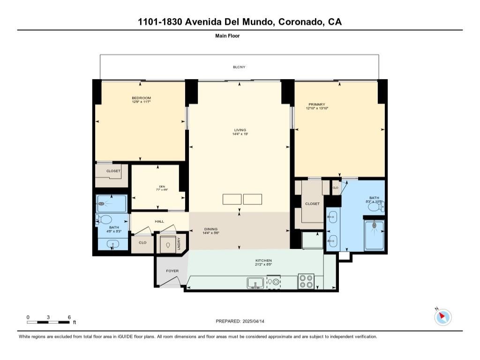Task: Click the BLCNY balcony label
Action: pos(239,67)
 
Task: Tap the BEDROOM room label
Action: pos(141,97)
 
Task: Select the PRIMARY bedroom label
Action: pos(316,105)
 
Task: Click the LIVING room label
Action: pos(240,130)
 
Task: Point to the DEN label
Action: pos(162,187)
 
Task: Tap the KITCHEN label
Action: pos(263,261)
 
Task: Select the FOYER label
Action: pos(172,271)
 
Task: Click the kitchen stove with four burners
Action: pos(306,281)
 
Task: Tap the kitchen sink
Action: pos(255,283)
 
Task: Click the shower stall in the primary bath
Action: pos(375,233)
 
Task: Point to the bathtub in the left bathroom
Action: pos(111,203)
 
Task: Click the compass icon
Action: pos(442,317)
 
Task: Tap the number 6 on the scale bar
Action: pos(69,317)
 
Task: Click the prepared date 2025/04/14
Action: pos(257,321)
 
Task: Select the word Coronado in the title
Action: pos(297,22)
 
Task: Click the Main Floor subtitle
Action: pos(227,36)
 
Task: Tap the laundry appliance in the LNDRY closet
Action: pos(167,244)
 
